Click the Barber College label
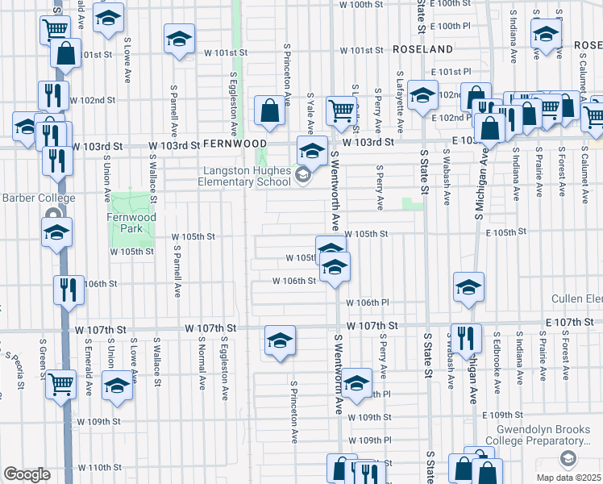pos(38,198)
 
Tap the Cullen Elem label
pos(577,299)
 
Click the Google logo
pos(27,474)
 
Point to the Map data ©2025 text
pos(568,477)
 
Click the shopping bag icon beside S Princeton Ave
pos(268,112)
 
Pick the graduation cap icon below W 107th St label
pos(280,341)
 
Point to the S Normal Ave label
pos(199,362)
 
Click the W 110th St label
pos(99,468)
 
